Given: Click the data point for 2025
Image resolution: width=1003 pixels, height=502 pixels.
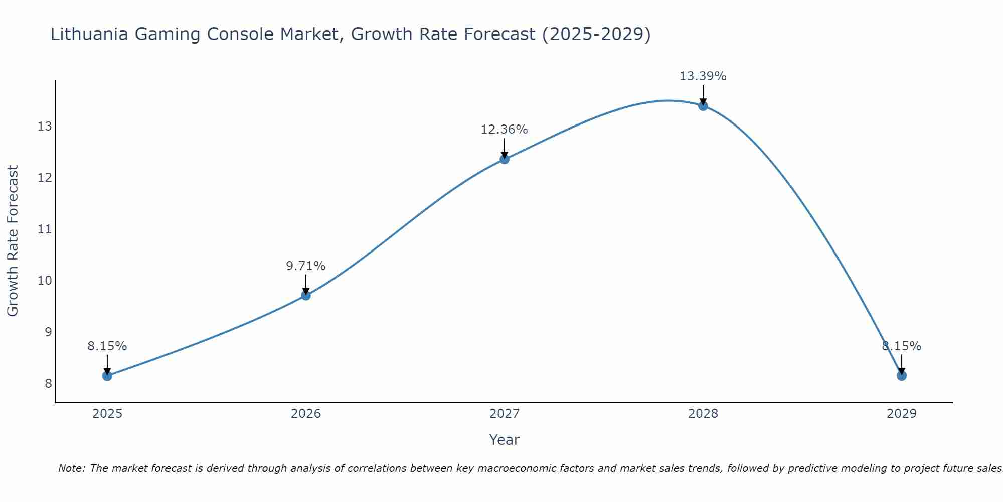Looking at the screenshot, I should (107, 375).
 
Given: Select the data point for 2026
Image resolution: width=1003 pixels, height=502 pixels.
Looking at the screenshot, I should (306, 295).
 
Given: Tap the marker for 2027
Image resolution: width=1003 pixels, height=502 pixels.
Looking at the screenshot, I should (505, 159).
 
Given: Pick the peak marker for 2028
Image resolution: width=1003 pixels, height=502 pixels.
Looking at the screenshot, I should (703, 106).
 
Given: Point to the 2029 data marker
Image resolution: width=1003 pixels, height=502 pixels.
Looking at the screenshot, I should (902, 375).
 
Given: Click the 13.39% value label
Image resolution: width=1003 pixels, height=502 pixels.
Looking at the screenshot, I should (703, 76).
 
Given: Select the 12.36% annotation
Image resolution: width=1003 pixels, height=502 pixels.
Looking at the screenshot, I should (504, 130).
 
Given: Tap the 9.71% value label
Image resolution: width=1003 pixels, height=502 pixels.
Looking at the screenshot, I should (306, 266).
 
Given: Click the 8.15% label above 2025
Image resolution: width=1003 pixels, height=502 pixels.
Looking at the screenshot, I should (107, 346).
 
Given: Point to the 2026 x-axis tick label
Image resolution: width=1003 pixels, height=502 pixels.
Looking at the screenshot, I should (306, 414).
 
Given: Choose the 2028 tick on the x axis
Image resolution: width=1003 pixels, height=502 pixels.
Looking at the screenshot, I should (703, 414).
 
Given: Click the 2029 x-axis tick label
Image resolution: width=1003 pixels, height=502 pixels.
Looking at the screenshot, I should (902, 414).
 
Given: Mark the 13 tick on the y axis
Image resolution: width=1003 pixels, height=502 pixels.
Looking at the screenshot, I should (45, 127).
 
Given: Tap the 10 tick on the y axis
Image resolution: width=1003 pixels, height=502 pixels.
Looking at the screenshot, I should (45, 280).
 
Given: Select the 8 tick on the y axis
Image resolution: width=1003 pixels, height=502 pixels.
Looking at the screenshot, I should (48, 384).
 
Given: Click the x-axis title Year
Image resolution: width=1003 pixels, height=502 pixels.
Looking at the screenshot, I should (504, 440).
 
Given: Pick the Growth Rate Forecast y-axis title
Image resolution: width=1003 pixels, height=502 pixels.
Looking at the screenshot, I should (13, 241).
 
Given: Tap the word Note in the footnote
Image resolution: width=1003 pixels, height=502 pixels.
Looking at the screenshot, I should (71, 468).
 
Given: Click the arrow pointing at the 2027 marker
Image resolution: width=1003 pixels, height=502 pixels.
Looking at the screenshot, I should (505, 149).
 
